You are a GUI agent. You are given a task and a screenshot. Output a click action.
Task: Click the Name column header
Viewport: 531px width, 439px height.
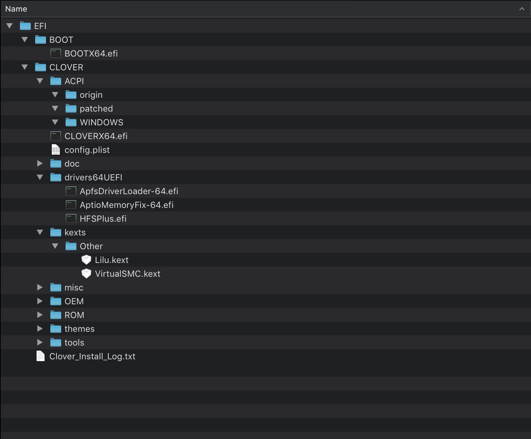pos(16,9)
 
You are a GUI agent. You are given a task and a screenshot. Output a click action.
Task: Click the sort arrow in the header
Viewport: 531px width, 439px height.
pos(522,9)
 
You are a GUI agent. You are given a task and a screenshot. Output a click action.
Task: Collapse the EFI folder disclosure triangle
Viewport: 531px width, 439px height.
pos(10,26)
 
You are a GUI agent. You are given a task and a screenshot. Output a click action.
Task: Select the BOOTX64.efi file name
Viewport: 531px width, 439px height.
pos(91,54)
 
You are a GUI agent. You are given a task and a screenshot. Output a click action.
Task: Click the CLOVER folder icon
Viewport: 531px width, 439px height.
pos(40,67)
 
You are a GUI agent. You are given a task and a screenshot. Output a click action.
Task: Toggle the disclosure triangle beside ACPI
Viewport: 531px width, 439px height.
pos(40,81)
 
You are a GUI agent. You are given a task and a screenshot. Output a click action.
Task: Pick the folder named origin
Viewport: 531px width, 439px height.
pos(91,95)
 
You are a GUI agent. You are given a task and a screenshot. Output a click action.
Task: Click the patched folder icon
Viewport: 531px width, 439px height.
pos(71,109)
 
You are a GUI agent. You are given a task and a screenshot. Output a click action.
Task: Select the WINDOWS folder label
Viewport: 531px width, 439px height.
pos(101,122)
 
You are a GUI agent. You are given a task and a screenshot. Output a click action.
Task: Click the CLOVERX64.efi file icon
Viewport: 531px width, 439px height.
pos(55,136)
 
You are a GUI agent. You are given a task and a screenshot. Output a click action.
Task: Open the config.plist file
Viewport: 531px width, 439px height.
pos(87,150)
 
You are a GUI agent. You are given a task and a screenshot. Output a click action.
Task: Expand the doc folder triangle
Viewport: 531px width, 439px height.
pos(40,164)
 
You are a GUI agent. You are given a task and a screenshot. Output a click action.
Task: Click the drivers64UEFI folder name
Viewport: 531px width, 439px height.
pos(93,177)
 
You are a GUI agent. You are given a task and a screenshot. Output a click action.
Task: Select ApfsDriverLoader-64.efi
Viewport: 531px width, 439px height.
pos(129,191)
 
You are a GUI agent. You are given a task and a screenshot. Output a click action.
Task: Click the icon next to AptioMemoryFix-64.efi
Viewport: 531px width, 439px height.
pos(71,205)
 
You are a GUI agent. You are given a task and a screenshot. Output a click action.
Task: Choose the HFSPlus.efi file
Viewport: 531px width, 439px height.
pos(103,219)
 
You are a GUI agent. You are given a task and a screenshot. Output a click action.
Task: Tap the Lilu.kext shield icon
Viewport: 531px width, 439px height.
pos(86,260)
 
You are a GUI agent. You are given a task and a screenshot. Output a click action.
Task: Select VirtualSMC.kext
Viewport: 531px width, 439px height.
pos(127,274)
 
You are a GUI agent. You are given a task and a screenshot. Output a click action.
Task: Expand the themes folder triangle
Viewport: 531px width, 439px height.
pos(40,329)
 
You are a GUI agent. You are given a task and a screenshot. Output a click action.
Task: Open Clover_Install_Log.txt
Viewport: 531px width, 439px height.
pos(92,356)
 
